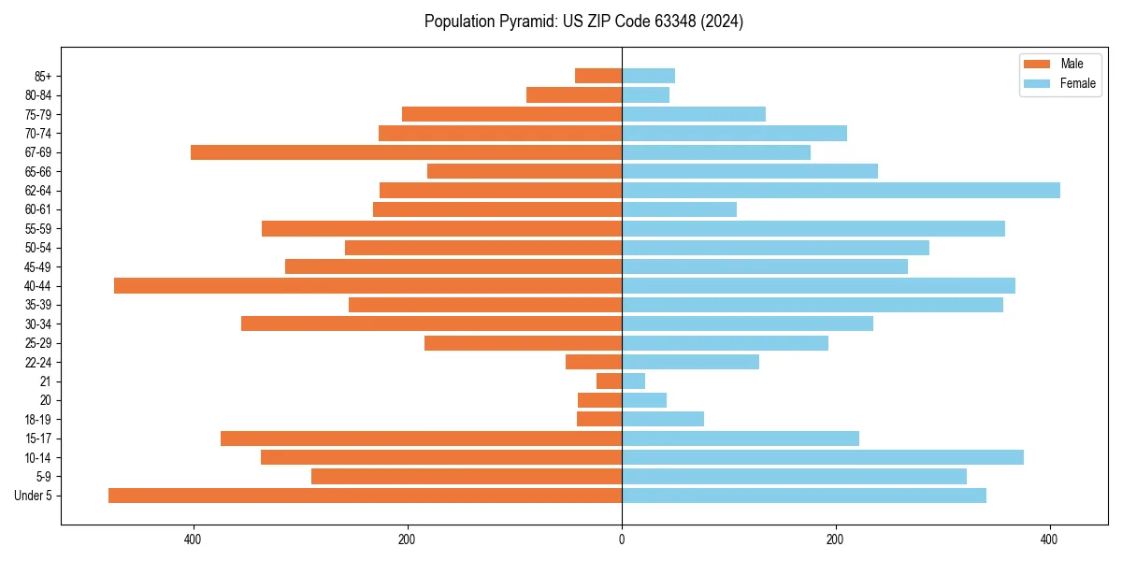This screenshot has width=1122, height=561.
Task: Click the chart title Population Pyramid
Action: (583, 22)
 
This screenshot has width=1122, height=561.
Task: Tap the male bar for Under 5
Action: (365, 496)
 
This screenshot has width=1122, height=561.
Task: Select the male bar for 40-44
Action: (367, 286)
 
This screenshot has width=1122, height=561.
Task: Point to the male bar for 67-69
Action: (406, 152)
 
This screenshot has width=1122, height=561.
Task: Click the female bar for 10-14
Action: (823, 457)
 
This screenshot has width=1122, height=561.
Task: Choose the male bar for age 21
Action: (610, 381)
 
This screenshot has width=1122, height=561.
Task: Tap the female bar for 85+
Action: (648, 76)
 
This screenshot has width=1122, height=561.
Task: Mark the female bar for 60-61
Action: (679, 209)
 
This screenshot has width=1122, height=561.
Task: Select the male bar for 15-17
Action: (421, 439)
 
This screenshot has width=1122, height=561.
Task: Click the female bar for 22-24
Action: (690, 362)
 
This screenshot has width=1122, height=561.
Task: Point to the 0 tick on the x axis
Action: (622, 539)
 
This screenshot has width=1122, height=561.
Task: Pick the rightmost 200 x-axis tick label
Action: (836, 539)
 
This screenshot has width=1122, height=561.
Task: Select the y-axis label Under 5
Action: (33, 496)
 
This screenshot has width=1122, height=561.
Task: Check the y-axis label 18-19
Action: (37, 420)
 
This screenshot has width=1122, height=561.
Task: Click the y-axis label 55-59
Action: (37, 229)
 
